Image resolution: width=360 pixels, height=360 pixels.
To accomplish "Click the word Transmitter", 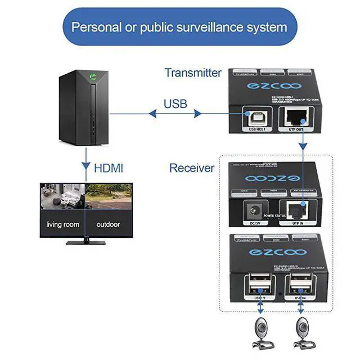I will (193, 73).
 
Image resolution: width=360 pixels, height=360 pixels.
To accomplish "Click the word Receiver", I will (192, 168).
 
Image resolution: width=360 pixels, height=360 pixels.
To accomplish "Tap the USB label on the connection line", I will (175, 104).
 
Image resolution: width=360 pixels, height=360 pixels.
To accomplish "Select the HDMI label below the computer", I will (109, 167).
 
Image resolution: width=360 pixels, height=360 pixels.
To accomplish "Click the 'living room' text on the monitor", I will (62, 224).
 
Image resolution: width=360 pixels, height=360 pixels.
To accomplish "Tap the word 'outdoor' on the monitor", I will (109, 224).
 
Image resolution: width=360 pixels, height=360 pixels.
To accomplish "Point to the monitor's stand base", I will (85, 242).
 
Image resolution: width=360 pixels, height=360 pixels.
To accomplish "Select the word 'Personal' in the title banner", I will (96, 26).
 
